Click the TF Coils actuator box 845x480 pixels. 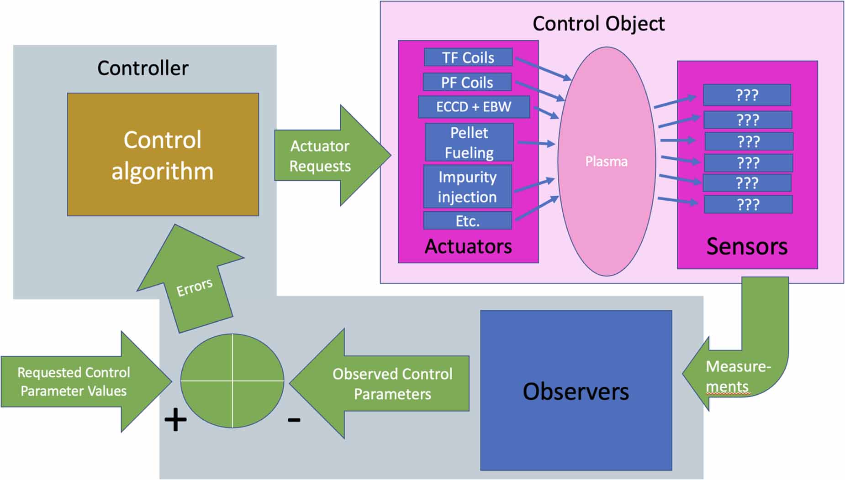(468, 57)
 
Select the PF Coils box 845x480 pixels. (467, 82)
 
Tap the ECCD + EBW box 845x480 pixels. (474, 107)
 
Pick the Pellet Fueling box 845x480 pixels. (469, 142)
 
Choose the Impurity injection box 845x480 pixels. (467, 187)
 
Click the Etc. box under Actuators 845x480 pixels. (467, 221)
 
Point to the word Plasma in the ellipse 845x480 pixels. (606, 162)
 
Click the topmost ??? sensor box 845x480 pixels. (747, 95)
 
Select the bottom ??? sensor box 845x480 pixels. (748, 204)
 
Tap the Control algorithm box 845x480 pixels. (163, 155)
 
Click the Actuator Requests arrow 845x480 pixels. (324, 156)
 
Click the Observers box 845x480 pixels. (576, 391)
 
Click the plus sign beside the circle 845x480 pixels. (175, 420)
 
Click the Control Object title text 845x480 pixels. (598, 24)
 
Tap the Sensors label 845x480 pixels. (746, 246)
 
